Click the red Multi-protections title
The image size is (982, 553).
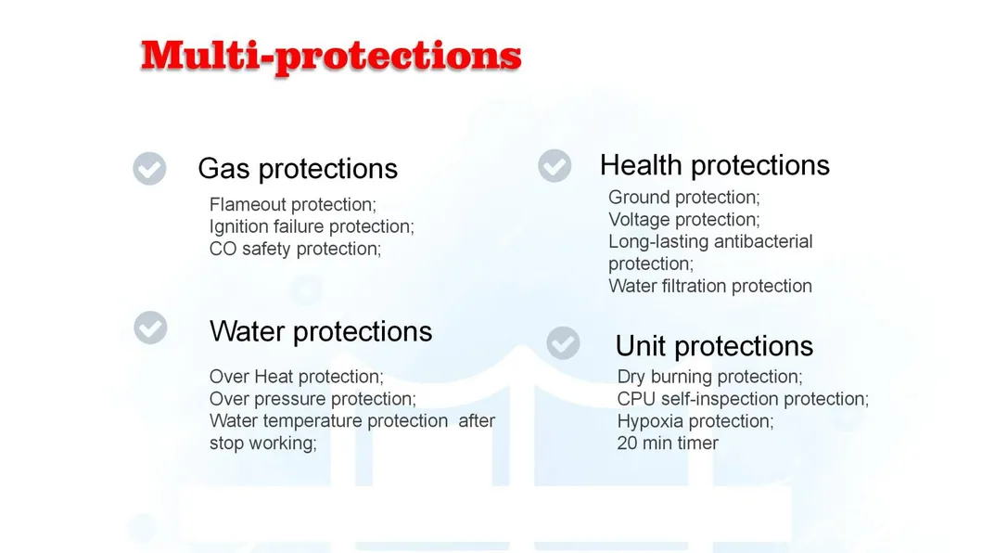(x=330, y=56)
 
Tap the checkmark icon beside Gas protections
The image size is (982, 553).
(x=149, y=169)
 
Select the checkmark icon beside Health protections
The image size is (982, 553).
(x=555, y=166)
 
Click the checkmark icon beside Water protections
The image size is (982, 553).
(x=150, y=328)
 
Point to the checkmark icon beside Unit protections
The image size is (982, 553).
(x=563, y=342)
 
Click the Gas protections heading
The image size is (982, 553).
(x=298, y=169)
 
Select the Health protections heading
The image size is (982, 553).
(x=714, y=165)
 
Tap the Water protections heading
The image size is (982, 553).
(x=321, y=331)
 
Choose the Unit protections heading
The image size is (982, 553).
(x=714, y=346)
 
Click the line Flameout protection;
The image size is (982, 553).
(x=293, y=204)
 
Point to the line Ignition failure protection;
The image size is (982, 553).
(x=312, y=226)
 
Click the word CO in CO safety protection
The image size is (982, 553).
(x=223, y=249)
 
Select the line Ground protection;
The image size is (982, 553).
(x=683, y=197)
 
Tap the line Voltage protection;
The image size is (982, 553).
(x=683, y=219)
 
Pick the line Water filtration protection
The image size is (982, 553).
(x=710, y=286)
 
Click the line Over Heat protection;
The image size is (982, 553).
(x=296, y=377)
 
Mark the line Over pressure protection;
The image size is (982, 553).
(x=312, y=399)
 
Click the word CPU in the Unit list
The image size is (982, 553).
(x=636, y=399)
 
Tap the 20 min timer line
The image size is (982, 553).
(x=668, y=444)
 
